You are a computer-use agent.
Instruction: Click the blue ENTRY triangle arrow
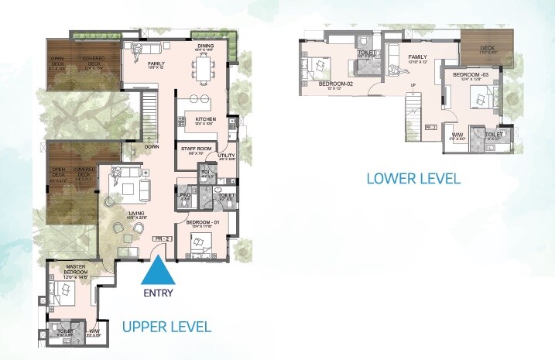coord(159,272)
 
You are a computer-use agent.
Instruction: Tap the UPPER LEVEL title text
coord(166,327)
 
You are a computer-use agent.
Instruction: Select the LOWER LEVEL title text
coord(413,178)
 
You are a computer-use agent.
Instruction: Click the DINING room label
coord(205,46)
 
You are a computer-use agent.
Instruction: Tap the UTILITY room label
coord(225,156)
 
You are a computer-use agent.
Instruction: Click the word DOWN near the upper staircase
coord(152,146)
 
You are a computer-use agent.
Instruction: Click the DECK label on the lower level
coord(487,48)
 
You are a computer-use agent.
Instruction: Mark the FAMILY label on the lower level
coord(418,57)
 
